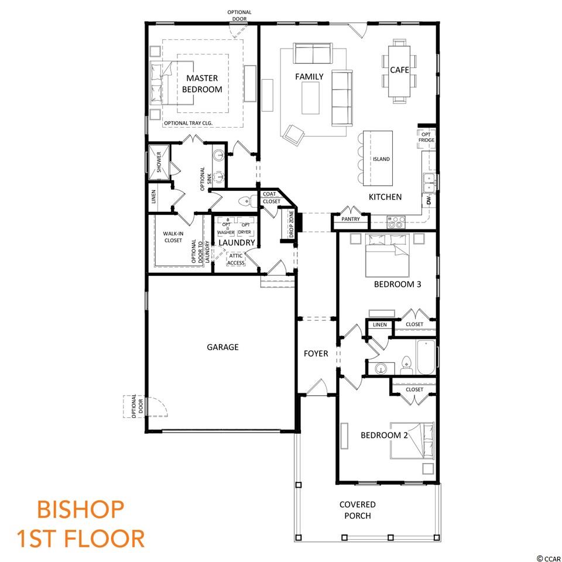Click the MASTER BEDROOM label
coord(202,84)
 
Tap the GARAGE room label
coord(222,347)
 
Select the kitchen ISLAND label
coord(381,159)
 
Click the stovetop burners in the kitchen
coord(396,222)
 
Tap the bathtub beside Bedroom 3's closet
coord(426,357)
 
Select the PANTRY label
coord(350,218)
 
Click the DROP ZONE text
coord(292,224)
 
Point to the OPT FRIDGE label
coord(426,137)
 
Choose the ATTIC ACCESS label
coord(236,259)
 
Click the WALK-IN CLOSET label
coord(173,237)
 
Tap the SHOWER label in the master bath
coord(159,162)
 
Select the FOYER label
coord(316,354)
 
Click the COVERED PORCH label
coord(357,510)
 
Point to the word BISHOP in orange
coord(81,509)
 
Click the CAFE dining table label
coord(399,70)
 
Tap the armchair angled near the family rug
coord(293,135)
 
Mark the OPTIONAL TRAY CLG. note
coord(188,123)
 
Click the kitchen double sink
coord(429,183)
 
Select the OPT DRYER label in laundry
coord(245,228)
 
